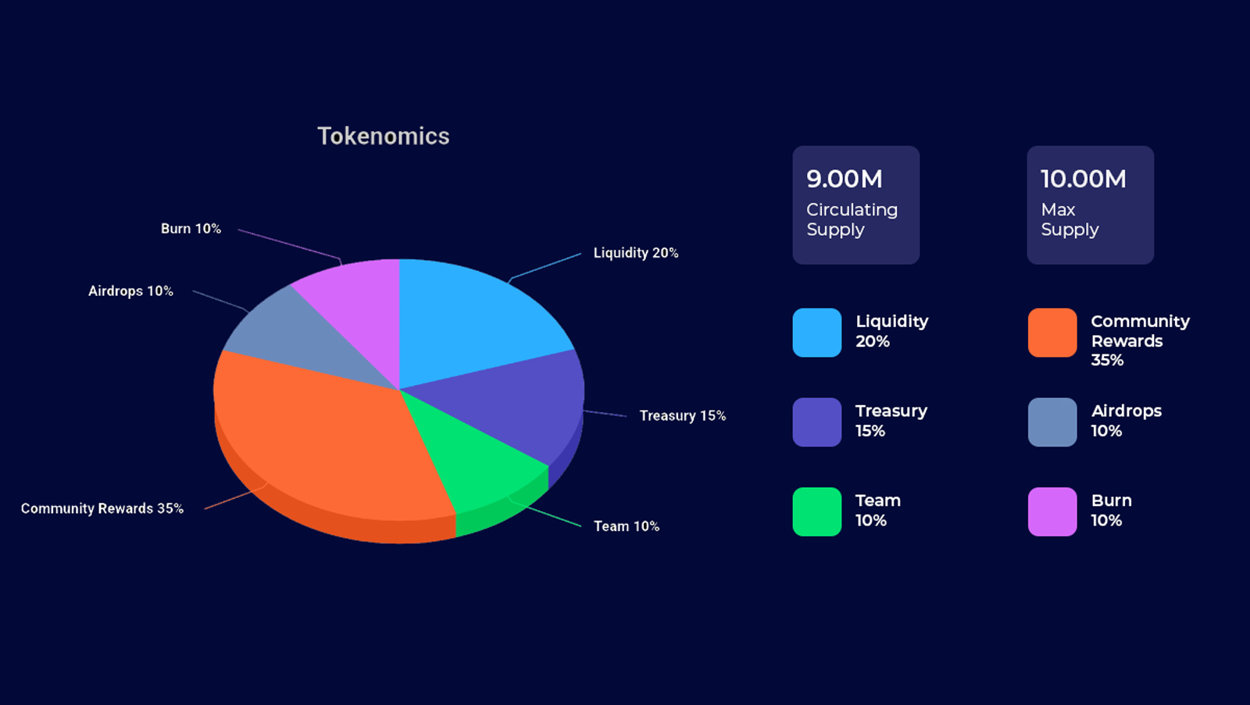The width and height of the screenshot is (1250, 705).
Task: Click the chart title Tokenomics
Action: tap(384, 137)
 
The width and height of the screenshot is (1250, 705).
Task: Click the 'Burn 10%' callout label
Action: tap(191, 229)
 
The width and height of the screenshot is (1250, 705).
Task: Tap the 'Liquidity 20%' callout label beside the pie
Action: tap(636, 253)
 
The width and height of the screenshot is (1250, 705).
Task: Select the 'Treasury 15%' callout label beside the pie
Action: tap(683, 415)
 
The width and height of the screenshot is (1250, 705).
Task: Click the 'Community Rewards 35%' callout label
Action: tap(102, 509)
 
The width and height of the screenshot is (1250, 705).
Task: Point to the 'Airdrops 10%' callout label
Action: tap(130, 291)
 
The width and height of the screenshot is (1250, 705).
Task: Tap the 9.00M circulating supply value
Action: tap(845, 179)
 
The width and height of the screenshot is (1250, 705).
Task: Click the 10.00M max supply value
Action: tap(1083, 179)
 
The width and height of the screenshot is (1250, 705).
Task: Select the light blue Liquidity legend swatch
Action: tap(817, 333)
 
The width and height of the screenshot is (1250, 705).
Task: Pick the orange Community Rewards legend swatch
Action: tap(1052, 333)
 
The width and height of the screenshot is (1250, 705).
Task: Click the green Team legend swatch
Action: tap(817, 511)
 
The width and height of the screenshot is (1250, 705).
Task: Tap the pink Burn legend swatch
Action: tap(1052, 511)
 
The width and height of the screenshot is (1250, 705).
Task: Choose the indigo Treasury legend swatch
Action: tap(817, 422)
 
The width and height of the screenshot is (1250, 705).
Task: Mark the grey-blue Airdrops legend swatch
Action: tap(1052, 422)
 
